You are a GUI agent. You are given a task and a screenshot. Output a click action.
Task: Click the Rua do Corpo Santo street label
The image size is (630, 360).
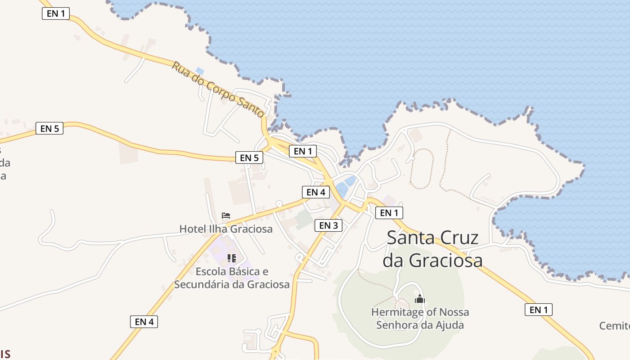(218, 90)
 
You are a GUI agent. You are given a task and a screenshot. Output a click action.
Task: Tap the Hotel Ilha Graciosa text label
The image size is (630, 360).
(226, 229)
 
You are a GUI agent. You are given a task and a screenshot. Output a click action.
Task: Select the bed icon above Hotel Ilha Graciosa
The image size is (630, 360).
(226, 216)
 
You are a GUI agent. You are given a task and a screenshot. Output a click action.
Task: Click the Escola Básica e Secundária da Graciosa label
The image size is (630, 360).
(232, 278)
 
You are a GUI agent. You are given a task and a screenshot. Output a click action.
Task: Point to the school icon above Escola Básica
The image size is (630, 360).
(232, 258)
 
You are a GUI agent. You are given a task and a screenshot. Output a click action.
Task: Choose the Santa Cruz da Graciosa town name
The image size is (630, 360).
(432, 249)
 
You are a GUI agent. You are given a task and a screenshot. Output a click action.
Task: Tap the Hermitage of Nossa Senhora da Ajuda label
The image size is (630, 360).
(420, 319)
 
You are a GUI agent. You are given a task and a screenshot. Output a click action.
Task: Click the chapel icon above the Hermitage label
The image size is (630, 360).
(420, 299)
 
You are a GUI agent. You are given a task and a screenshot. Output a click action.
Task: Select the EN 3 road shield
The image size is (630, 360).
(328, 225)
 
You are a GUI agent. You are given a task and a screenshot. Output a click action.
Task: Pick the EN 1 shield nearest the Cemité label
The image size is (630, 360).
(538, 310)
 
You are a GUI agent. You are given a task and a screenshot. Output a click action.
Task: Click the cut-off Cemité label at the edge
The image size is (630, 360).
(615, 325)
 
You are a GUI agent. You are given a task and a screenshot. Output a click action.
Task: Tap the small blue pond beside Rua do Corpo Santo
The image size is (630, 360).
(200, 71)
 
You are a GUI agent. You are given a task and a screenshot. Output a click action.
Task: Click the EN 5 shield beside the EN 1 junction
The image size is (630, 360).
(249, 157)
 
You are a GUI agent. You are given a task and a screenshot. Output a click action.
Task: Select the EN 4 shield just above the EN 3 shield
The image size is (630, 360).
(315, 192)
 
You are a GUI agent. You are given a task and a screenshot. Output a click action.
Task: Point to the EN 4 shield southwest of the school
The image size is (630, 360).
(144, 322)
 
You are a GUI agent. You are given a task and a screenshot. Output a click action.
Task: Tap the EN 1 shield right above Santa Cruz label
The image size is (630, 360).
(389, 213)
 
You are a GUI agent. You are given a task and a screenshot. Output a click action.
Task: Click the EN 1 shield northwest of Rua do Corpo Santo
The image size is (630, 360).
(56, 13)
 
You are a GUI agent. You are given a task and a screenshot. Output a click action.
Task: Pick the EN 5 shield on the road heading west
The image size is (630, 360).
(49, 129)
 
